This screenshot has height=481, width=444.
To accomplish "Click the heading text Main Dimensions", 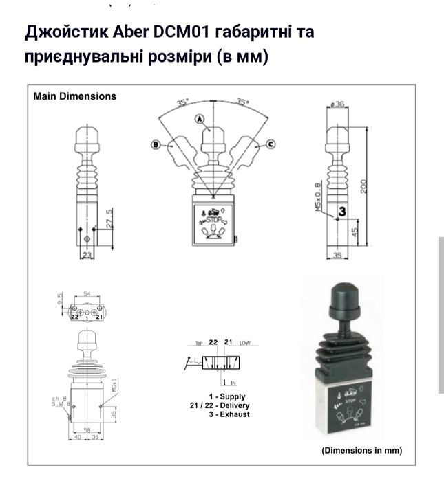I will click(x=75, y=96).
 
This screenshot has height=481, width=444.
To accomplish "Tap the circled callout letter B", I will click(x=156, y=144).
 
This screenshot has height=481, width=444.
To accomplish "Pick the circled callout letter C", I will click(x=271, y=144).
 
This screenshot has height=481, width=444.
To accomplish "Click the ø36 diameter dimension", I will click(x=337, y=104).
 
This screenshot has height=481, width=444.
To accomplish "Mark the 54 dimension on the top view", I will click(x=87, y=294).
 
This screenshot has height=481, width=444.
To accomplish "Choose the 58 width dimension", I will click(x=86, y=429).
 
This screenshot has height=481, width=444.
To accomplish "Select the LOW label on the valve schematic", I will click(x=245, y=342).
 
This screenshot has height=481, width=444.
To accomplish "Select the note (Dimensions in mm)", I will click(x=361, y=451).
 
